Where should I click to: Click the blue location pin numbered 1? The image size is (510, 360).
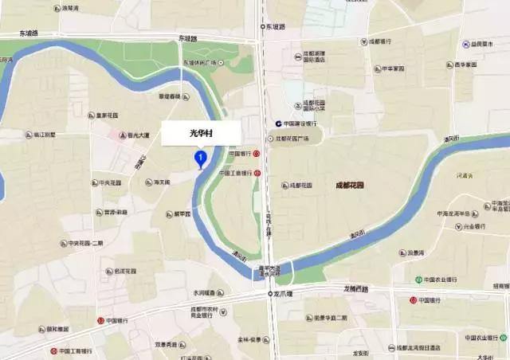point(200,159)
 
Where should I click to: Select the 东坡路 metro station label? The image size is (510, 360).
point(277,26)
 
